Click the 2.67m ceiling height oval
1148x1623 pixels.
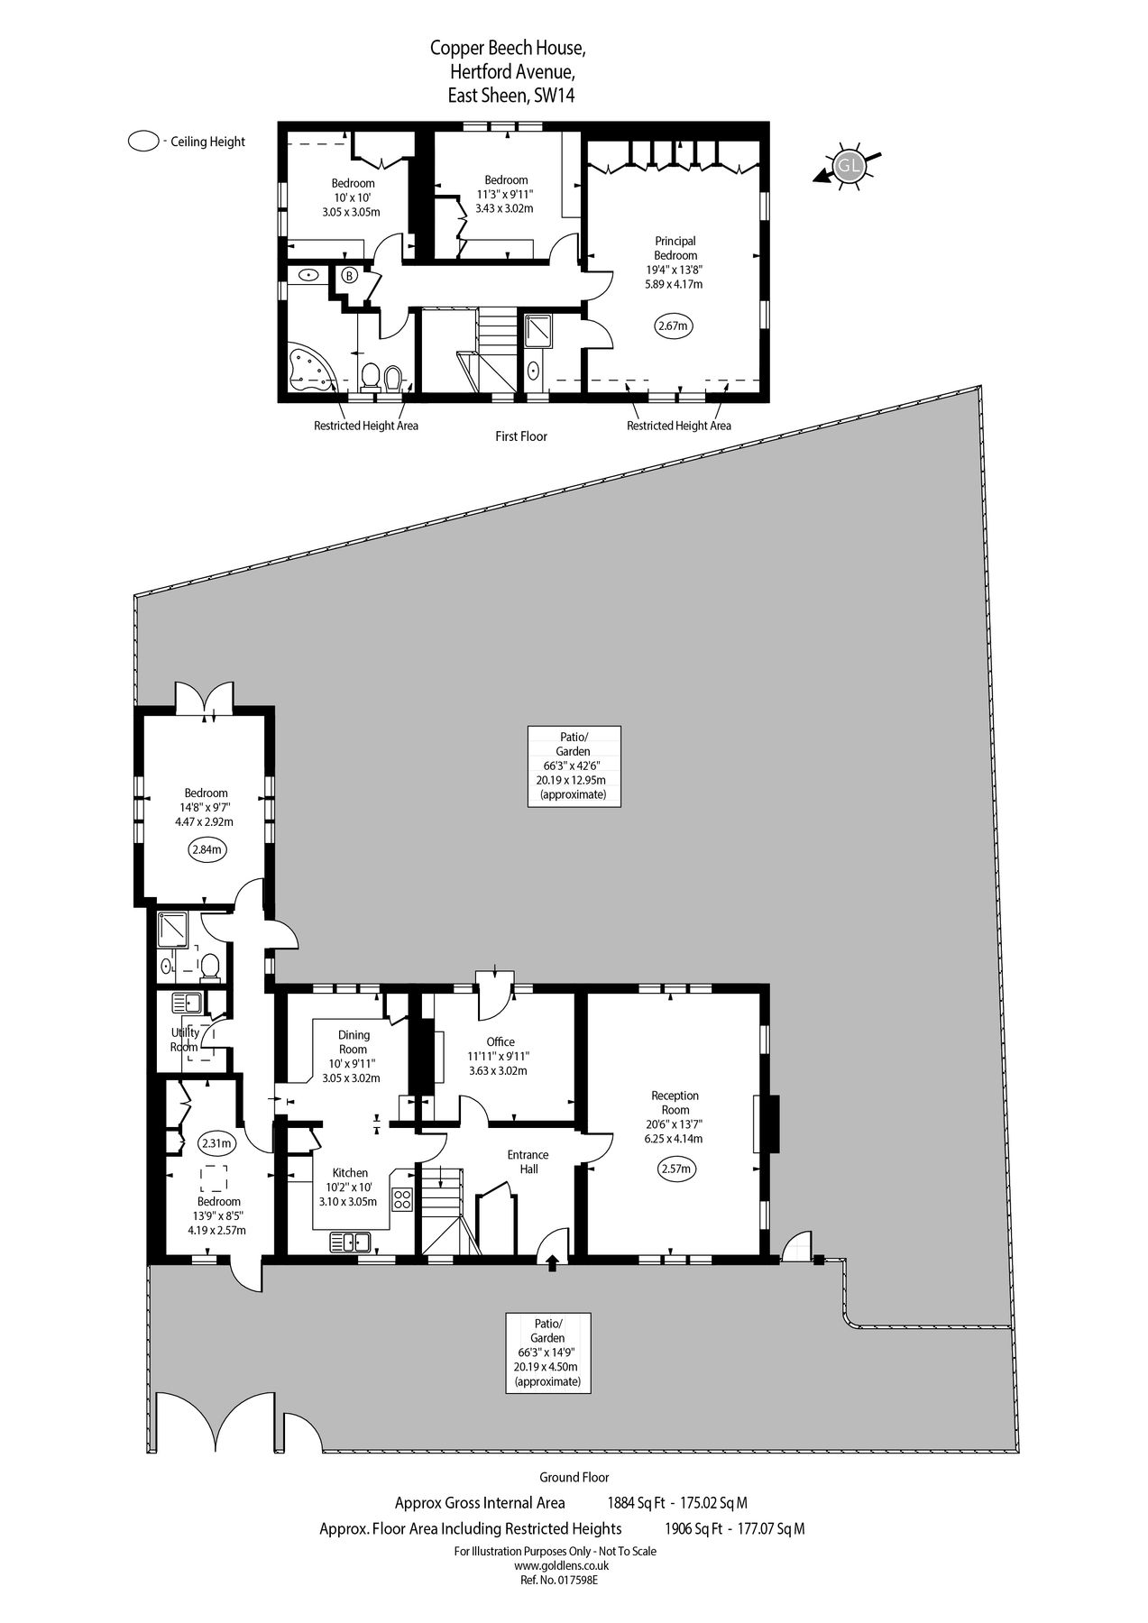tap(675, 326)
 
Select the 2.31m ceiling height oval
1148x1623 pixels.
tap(216, 1143)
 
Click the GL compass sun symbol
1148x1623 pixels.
tap(849, 166)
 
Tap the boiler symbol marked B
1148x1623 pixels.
tap(349, 276)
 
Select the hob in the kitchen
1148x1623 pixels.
tap(402, 1199)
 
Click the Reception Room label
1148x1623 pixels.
tap(675, 1103)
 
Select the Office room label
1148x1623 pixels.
tap(500, 1041)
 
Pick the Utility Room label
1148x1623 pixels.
tap(185, 1040)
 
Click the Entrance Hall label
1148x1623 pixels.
tap(528, 1161)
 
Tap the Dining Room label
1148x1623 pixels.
tap(353, 1042)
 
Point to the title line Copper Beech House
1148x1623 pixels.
tap(512, 47)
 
